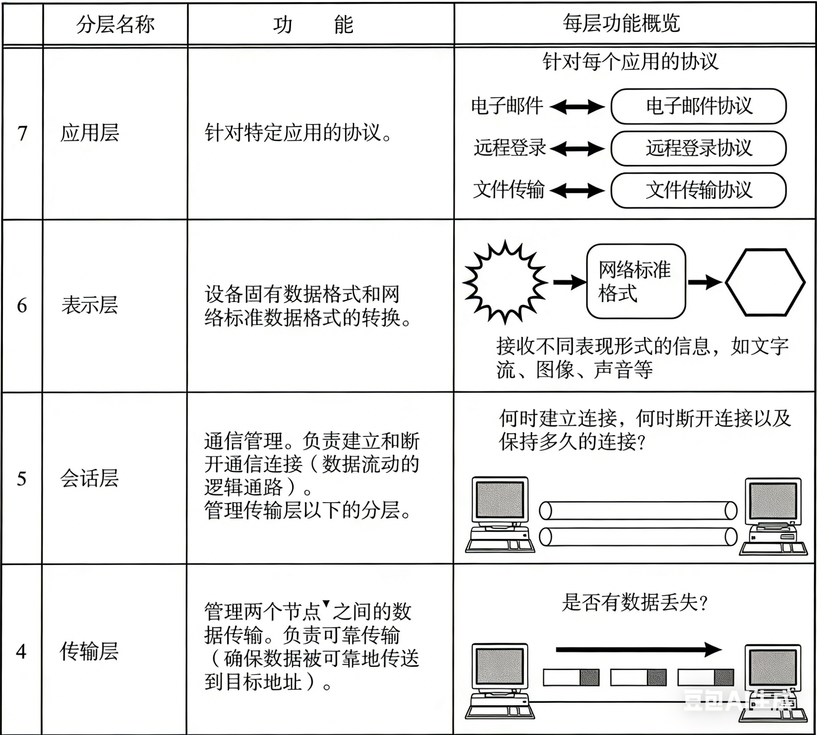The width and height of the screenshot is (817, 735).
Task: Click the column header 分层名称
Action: pyautogui.click(x=115, y=25)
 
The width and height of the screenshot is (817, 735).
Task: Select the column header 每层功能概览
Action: pyautogui.click(x=621, y=24)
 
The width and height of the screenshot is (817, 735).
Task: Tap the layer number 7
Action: pyautogui.click(x=22, y=133)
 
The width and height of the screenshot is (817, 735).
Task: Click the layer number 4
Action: pyautogui.click(x=22, y=651)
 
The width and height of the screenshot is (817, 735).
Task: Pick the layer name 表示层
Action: pyautogui.click(x=89, y=305)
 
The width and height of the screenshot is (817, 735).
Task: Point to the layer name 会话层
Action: pyautogui.click(x=89, y=478)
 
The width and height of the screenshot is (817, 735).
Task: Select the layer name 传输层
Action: pyautogui.click(x=89, y=651)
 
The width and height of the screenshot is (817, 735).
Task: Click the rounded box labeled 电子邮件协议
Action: pyautogui.click(x=698, y=106)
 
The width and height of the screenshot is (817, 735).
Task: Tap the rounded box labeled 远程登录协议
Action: pyautogui.click(x=698, y=148)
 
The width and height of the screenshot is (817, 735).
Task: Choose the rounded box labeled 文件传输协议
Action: pyautogui.click(x=698, y=190)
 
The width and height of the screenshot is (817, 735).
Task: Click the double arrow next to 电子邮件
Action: pyautogui.click(x=577, y=107)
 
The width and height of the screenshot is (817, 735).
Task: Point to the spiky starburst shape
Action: pyautogui.click(x=505, y=282)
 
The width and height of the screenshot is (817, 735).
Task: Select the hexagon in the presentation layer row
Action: pyautogui.click(x=765, y=282)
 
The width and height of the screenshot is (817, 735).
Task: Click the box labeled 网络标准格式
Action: pyautogui.click(x=636, y=282)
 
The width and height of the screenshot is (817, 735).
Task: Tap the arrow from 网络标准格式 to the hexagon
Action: pyautogui.click(x=704, y=282)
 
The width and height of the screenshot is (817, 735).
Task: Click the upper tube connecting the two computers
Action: pyautogui.click(x=638, y=511)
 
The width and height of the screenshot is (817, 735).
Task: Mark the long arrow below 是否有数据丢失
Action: pyautogui.click(x=638, y=649)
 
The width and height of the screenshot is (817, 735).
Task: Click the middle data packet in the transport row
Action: pyautogui.click(x=638, y=677)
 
